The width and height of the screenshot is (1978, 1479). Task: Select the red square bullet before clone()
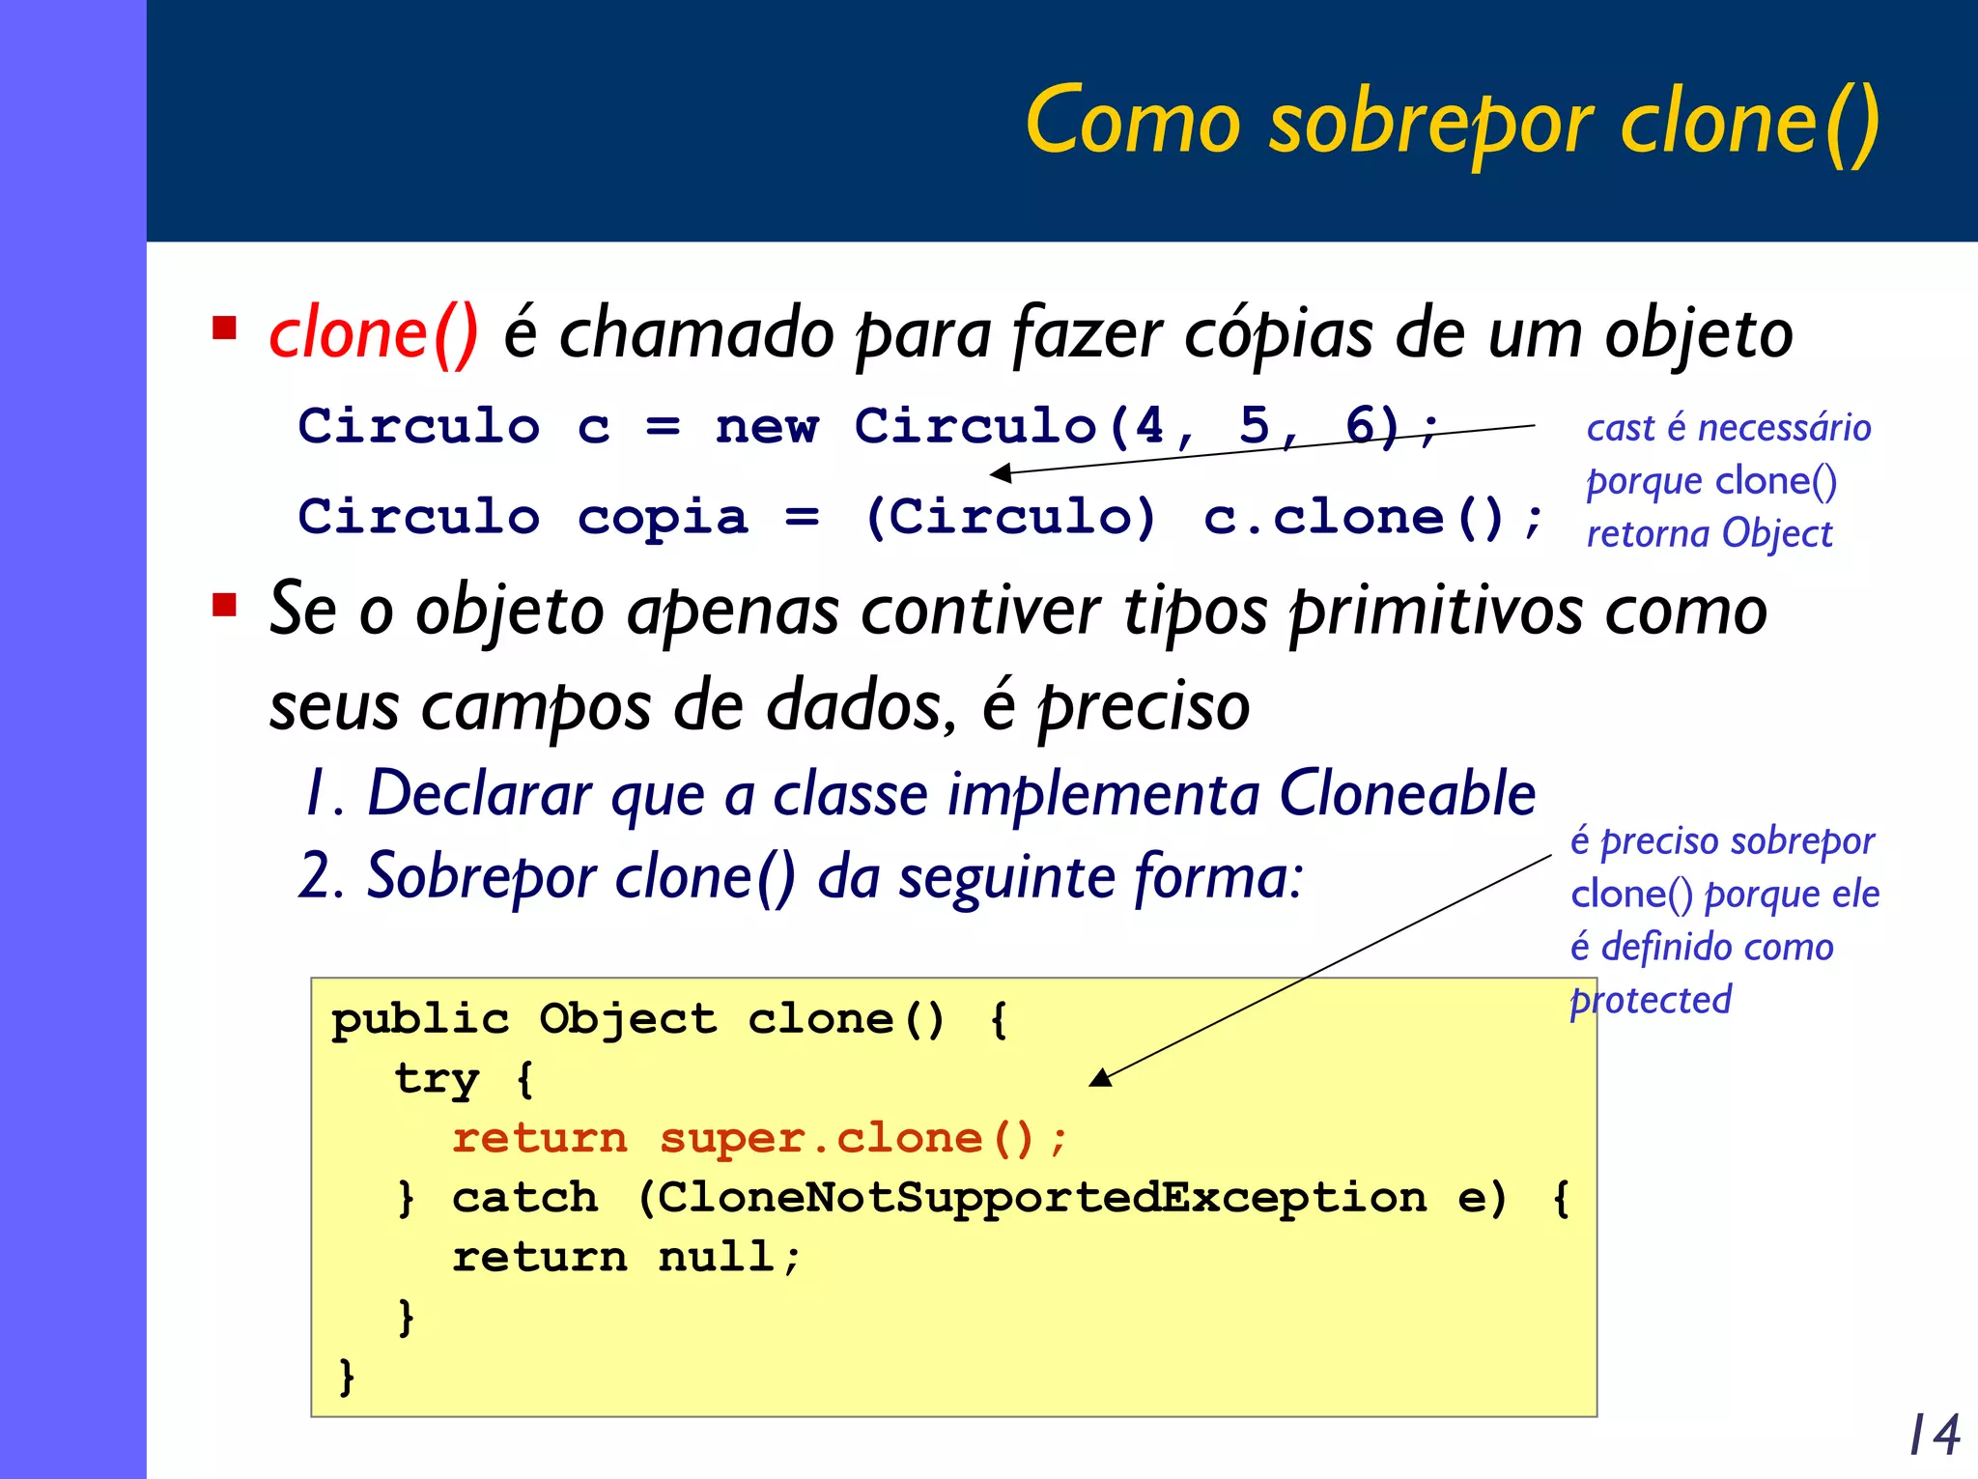(x=225, y=328)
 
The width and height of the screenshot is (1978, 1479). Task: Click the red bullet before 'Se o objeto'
(x=225, y=606)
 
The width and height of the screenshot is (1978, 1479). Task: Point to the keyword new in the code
(x=767, y=427)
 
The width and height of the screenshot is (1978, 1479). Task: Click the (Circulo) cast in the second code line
(x=1009, y=517)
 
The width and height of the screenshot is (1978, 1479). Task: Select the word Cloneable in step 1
(x=1407, y=794)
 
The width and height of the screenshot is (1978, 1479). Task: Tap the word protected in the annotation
(x=1651, y=1001)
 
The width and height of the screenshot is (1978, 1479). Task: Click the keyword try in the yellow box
(x=437, y=1078)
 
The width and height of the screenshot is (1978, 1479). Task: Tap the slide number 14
(x=1935, y=1435)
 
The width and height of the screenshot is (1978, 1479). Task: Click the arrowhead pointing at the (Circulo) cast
(x=1002, y=473)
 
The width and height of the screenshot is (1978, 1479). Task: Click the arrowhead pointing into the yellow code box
(x=1101, y=1078)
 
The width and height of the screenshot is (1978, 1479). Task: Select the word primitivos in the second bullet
(x=1436, y=612)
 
